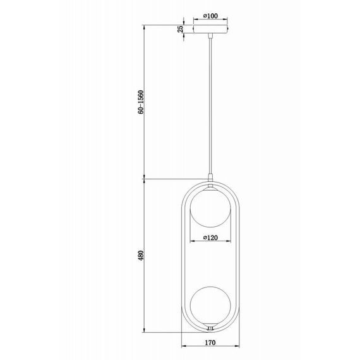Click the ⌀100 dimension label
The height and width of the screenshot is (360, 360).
[x=210, y=16]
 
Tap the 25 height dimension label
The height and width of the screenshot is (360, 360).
[x=181, y=29]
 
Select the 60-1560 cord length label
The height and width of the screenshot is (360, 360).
[x=141, y=102]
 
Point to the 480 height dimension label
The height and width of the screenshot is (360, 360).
[x=141, y=255]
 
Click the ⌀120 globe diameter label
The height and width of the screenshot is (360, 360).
[x=210, y=237]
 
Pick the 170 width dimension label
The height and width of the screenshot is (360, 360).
[x=210, y=343]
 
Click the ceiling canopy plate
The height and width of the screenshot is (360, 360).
[x=210, y=29]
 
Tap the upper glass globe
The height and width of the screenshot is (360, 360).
[x=210, y=208]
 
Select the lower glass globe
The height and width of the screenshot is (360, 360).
[x=210, y=304]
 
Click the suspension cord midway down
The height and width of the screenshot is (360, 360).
[x=210, y=106]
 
